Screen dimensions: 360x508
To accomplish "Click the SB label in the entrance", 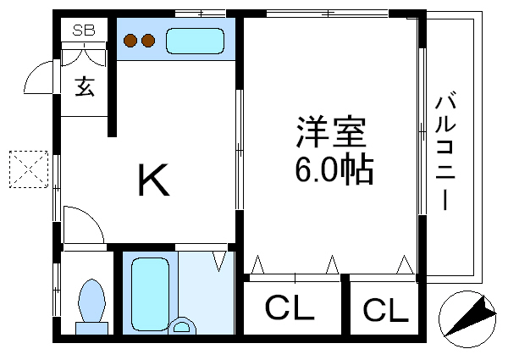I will [x=83, y=30].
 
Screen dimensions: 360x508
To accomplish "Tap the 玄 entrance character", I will [x=84, y=86].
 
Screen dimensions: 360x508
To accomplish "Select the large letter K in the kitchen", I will [x=153, y=180].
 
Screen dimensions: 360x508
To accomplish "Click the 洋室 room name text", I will [x=331, y=134].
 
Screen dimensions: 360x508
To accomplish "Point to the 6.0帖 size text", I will [x=333, y=171].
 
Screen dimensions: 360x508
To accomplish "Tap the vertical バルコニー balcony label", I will [x=445, y=152].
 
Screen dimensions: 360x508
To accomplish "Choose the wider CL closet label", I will [x=290, y=308].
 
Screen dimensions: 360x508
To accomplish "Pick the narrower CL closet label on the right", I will [x=385, y=310].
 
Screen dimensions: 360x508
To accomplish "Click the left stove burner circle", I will [x=132, y=40].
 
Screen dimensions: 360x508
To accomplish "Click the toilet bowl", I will [x=91, y=301].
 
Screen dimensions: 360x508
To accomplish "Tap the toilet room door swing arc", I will [x=85, y=225].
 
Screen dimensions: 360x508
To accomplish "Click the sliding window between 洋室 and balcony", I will [x=421, y=127].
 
